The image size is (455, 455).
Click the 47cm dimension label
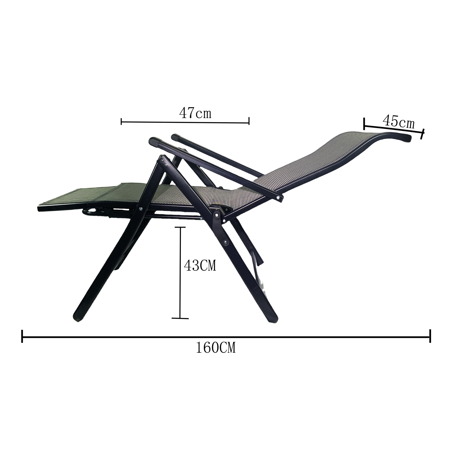click(195, 113)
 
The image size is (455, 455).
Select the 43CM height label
click(200, 266)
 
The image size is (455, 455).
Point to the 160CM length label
click(216, 348)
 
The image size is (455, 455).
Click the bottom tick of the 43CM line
click(180, 318)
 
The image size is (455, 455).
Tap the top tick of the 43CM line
click(180, 227)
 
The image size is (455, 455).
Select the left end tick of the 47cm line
click(121, 122)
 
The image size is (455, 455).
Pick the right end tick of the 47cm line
click(249, 121)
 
